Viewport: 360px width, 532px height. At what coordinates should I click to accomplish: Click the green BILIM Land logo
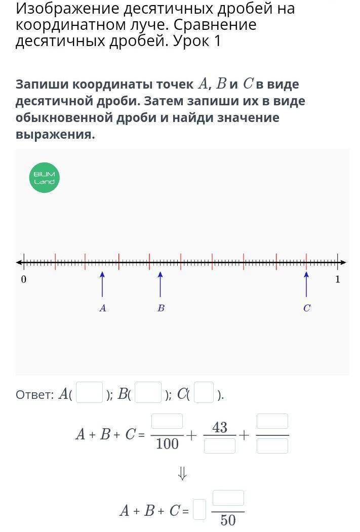pyautogui.click(x=45, y=178)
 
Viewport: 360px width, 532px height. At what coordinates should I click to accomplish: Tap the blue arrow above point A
pyautogui.click(x=102, y=284)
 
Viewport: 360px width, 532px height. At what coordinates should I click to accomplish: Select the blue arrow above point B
pyautogui.click(x=161, y=284)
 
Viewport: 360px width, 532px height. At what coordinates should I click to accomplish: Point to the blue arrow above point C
pyautogui.click(x=306, y=284)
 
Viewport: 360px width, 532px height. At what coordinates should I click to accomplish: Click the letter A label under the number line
pyautogui.click(x=103, y=308)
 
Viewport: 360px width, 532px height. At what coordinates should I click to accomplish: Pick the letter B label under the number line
pyautogui.click(x=161, y=308)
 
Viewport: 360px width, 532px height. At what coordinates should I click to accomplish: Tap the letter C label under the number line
pyautogui.click(x=306, y=308)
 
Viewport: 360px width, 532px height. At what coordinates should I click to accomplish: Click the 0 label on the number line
pyautogui.click(x=23, y=279)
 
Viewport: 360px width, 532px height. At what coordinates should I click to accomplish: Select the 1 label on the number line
pyautogui.click(x=338, y=279)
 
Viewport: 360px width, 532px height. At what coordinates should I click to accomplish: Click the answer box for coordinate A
pyautogui.click(x=89, y=392)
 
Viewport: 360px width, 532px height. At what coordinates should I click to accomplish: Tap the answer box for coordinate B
pyautogui.click(x=148, y=392)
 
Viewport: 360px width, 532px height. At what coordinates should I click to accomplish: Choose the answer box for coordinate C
pyautogui.click(x=204, y=392)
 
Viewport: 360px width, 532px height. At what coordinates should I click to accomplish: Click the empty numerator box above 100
pyautogui.click(x=167, y=422)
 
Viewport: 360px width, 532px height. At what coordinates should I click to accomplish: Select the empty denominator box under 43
pyautogui.click(x=220, y=446)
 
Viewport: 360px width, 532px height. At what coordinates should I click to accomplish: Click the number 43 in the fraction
pyautogui.click(x=220, y=428)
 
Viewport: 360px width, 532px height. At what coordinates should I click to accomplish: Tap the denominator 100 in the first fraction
pyautogui.click(x=167, y=444)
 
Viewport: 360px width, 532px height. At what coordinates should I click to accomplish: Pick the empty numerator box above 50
pyautogui.click(x=228, y=498)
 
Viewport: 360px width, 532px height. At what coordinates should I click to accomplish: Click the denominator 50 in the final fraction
pyautogui.click(x=228, y=520)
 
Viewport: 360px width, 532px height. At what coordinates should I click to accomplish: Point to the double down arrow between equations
pyautogui.click(x=182, y=473)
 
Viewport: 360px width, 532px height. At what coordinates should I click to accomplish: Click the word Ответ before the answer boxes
pyautogui.click(x=34, y=395)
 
